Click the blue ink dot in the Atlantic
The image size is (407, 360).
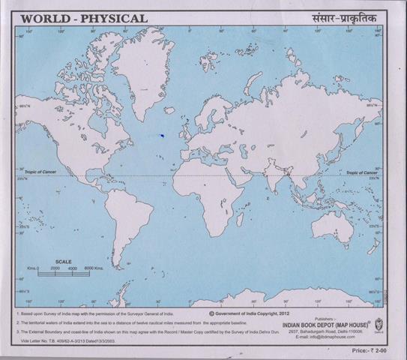[161, 135]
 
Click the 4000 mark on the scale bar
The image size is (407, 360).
[73, 268]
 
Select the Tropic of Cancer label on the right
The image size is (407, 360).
[362, 172]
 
